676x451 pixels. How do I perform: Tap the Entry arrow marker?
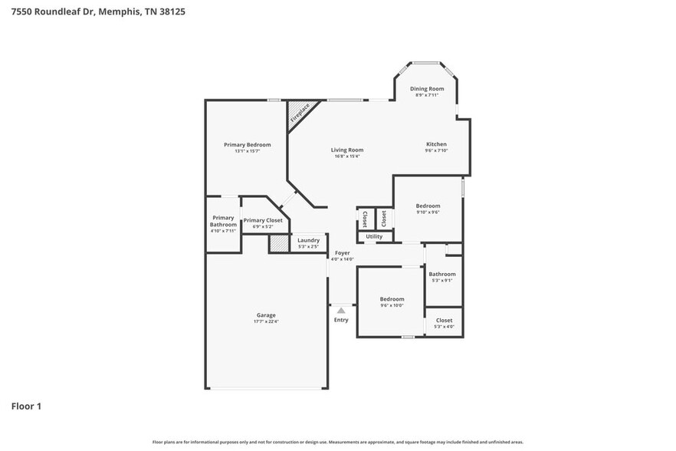[x=341, y=310]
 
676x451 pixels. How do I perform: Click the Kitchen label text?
[x=436, y=144]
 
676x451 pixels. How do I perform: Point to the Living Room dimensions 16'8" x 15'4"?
[x=347, y=156]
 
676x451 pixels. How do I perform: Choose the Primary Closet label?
[x=263, y=220]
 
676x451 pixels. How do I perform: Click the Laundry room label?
[x=308, y=240]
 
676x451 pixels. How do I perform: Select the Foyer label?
[x=342, y=253]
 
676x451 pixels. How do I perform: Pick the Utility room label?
[x=374, y=237]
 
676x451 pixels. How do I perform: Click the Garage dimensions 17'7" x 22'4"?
[x=266, y=322]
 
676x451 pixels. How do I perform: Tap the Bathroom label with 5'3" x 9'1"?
[x=441, y=275]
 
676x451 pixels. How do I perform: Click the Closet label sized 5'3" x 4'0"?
[x=444, y=321]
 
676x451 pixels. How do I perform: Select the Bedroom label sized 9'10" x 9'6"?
[x=428, y=206]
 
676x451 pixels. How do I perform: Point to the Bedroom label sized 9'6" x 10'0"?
[x=392, y=299]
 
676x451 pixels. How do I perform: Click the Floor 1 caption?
[x=26, y=406]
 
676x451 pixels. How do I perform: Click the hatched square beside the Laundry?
[x=278, y=244]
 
